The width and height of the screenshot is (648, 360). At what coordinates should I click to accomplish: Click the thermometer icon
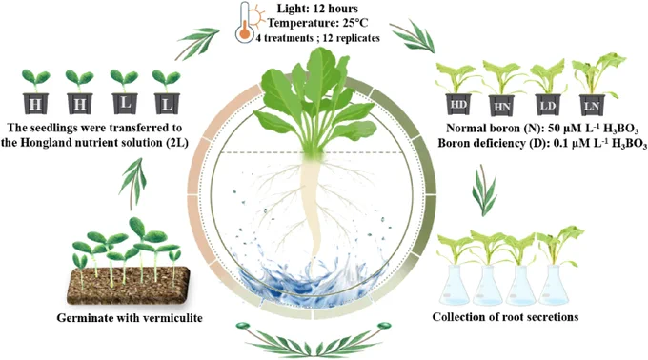pos(245,23)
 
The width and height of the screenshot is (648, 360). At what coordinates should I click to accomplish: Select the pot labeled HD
pos(458,104)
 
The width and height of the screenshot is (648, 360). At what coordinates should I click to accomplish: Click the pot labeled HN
pos(501,106)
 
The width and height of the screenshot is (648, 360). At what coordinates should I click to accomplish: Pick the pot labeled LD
pos(548,105)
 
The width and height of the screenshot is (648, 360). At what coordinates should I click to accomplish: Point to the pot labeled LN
pos(592,106)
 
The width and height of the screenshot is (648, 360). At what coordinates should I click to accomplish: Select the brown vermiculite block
pos(129,286)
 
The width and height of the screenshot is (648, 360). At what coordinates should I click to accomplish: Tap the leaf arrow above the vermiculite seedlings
pos(133,182)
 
